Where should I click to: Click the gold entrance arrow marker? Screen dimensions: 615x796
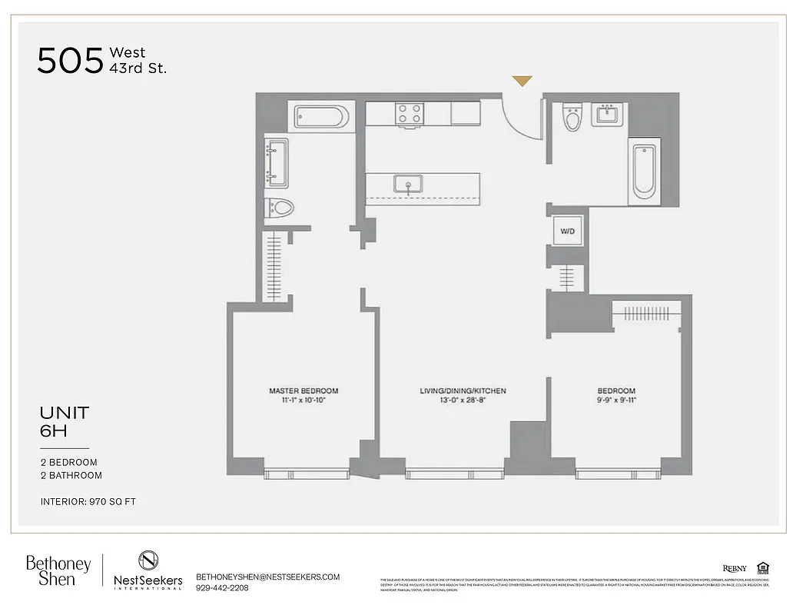522,81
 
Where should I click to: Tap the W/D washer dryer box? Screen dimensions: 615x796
568,231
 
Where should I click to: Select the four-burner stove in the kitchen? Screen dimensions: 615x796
409,113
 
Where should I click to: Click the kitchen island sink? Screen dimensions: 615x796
407,184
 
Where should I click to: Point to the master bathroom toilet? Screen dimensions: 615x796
280,208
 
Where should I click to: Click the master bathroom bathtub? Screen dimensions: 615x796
321,117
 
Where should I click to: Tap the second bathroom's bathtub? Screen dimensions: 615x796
644,172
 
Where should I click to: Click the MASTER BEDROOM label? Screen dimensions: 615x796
303,391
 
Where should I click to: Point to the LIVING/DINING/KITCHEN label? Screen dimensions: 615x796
463,391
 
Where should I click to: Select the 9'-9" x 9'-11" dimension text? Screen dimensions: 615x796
617,401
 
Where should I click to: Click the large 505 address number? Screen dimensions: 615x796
70,61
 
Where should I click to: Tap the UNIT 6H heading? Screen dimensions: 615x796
65,421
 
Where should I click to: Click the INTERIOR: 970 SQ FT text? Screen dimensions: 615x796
88,502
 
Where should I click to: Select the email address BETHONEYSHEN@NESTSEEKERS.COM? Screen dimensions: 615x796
267,577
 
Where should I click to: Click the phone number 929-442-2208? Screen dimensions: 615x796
223,588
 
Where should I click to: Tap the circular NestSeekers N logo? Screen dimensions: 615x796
148,560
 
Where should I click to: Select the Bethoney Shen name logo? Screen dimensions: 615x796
58,570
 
